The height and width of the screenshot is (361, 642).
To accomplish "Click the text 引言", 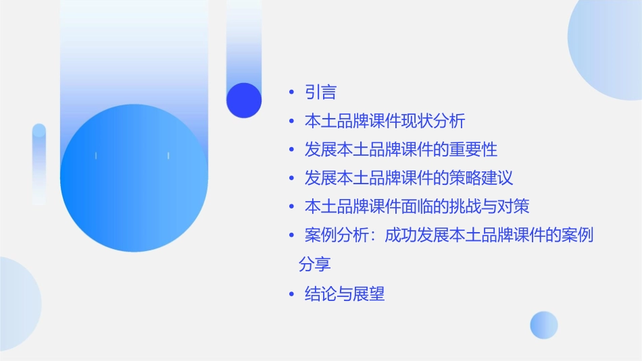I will (320, 92).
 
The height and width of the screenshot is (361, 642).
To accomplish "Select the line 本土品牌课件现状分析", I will (385, 121).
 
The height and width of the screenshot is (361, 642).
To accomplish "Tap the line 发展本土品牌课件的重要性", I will (401, 149).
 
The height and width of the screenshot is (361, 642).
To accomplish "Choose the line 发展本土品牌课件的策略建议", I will (409, 178).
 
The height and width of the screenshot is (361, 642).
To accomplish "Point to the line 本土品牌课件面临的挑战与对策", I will (421, 206).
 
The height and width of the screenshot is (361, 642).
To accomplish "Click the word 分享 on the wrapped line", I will (315, 264).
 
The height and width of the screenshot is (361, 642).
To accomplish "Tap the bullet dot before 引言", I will (291, 92).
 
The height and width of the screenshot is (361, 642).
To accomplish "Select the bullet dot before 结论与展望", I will (291, 294).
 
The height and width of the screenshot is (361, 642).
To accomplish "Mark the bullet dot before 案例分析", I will (291, 236).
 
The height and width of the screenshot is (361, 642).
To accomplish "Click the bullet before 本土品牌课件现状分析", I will (291, 122).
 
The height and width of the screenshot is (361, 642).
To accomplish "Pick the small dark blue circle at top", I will (244, 100).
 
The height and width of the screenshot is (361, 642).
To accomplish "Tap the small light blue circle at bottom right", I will (544, 325).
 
